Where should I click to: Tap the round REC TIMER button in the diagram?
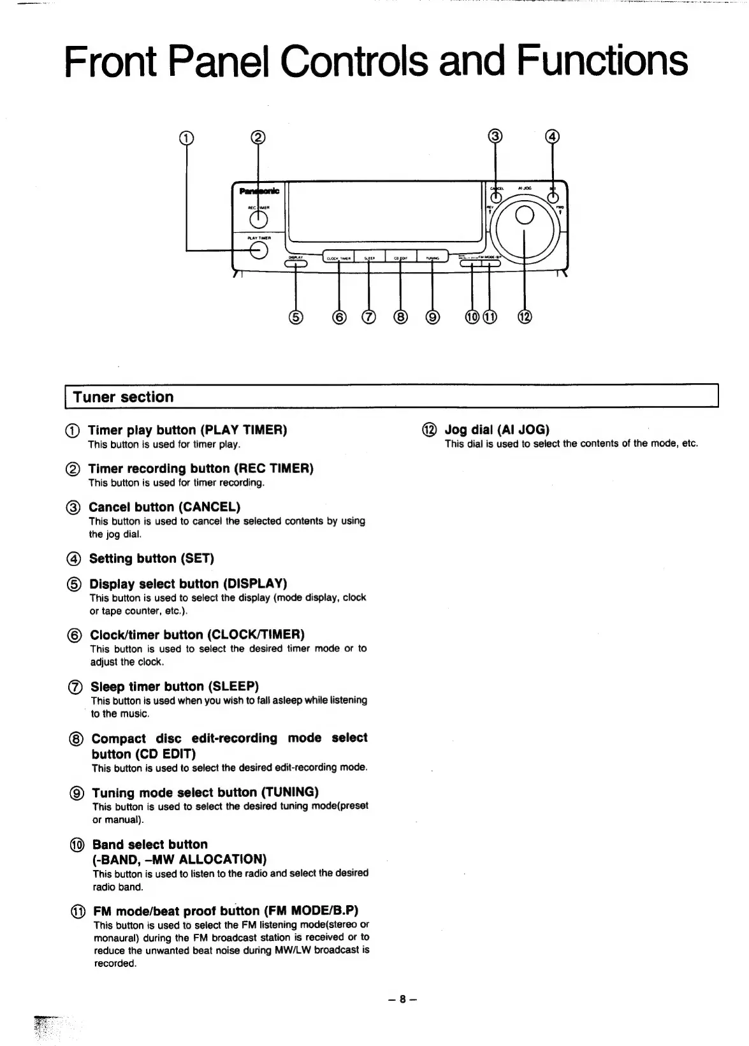(258, 219)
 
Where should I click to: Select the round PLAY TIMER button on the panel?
(258, 251)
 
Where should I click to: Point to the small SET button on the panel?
(552, 198)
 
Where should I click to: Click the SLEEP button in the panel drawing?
(370, 257)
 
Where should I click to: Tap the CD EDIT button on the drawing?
(400, 257)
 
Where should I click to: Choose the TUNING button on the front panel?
(432, 257)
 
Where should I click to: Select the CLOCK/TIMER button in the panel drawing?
(338, 257)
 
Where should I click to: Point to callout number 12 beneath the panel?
(525, 317)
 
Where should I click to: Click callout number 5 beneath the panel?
(296, 317)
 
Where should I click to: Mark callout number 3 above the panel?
(496, 136)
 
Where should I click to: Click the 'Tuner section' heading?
(123, 397)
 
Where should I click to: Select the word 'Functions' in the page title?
(602, 61)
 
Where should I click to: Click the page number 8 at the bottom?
(402, 999)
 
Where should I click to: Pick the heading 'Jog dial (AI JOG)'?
(497, 430)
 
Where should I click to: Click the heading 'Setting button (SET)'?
(152, 558)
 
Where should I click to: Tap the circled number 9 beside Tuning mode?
(76, 794)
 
